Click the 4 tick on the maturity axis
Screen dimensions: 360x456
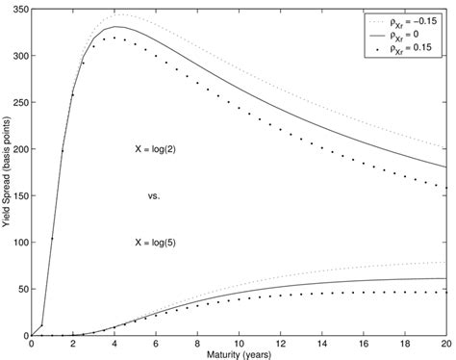tap(114, 344)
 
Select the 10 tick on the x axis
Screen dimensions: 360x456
tap(240, 344)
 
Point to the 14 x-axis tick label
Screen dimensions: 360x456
tap(322, 344)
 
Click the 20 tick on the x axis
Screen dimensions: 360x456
tap(446, 344)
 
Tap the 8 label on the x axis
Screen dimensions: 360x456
tap(198, 344)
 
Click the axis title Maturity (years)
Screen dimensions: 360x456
tap(240, 354)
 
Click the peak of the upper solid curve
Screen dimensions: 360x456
tap(114, 27)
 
